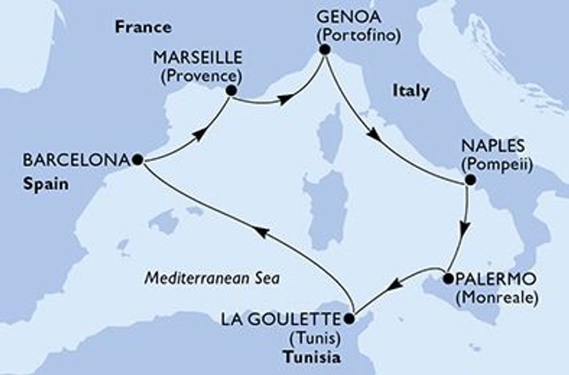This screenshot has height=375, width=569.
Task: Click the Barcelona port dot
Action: (138, 159)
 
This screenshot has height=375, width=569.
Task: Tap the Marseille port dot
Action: (231, 91)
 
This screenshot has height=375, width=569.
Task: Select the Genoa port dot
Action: (324, 52)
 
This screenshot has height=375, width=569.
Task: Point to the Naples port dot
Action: (469, 181)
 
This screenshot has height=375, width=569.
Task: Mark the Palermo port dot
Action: (448, 277)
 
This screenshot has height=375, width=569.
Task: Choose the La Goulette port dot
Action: (349, 318)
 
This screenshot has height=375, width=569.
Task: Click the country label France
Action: (143, 27)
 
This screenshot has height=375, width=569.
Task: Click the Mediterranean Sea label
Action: (213, 278)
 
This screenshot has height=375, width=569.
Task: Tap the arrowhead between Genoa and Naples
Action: (376, 134)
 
